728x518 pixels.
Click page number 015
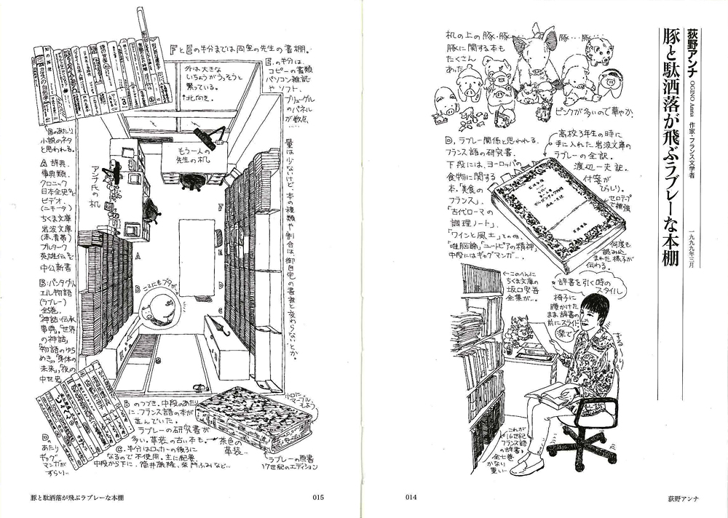click(x=317, y=498)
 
